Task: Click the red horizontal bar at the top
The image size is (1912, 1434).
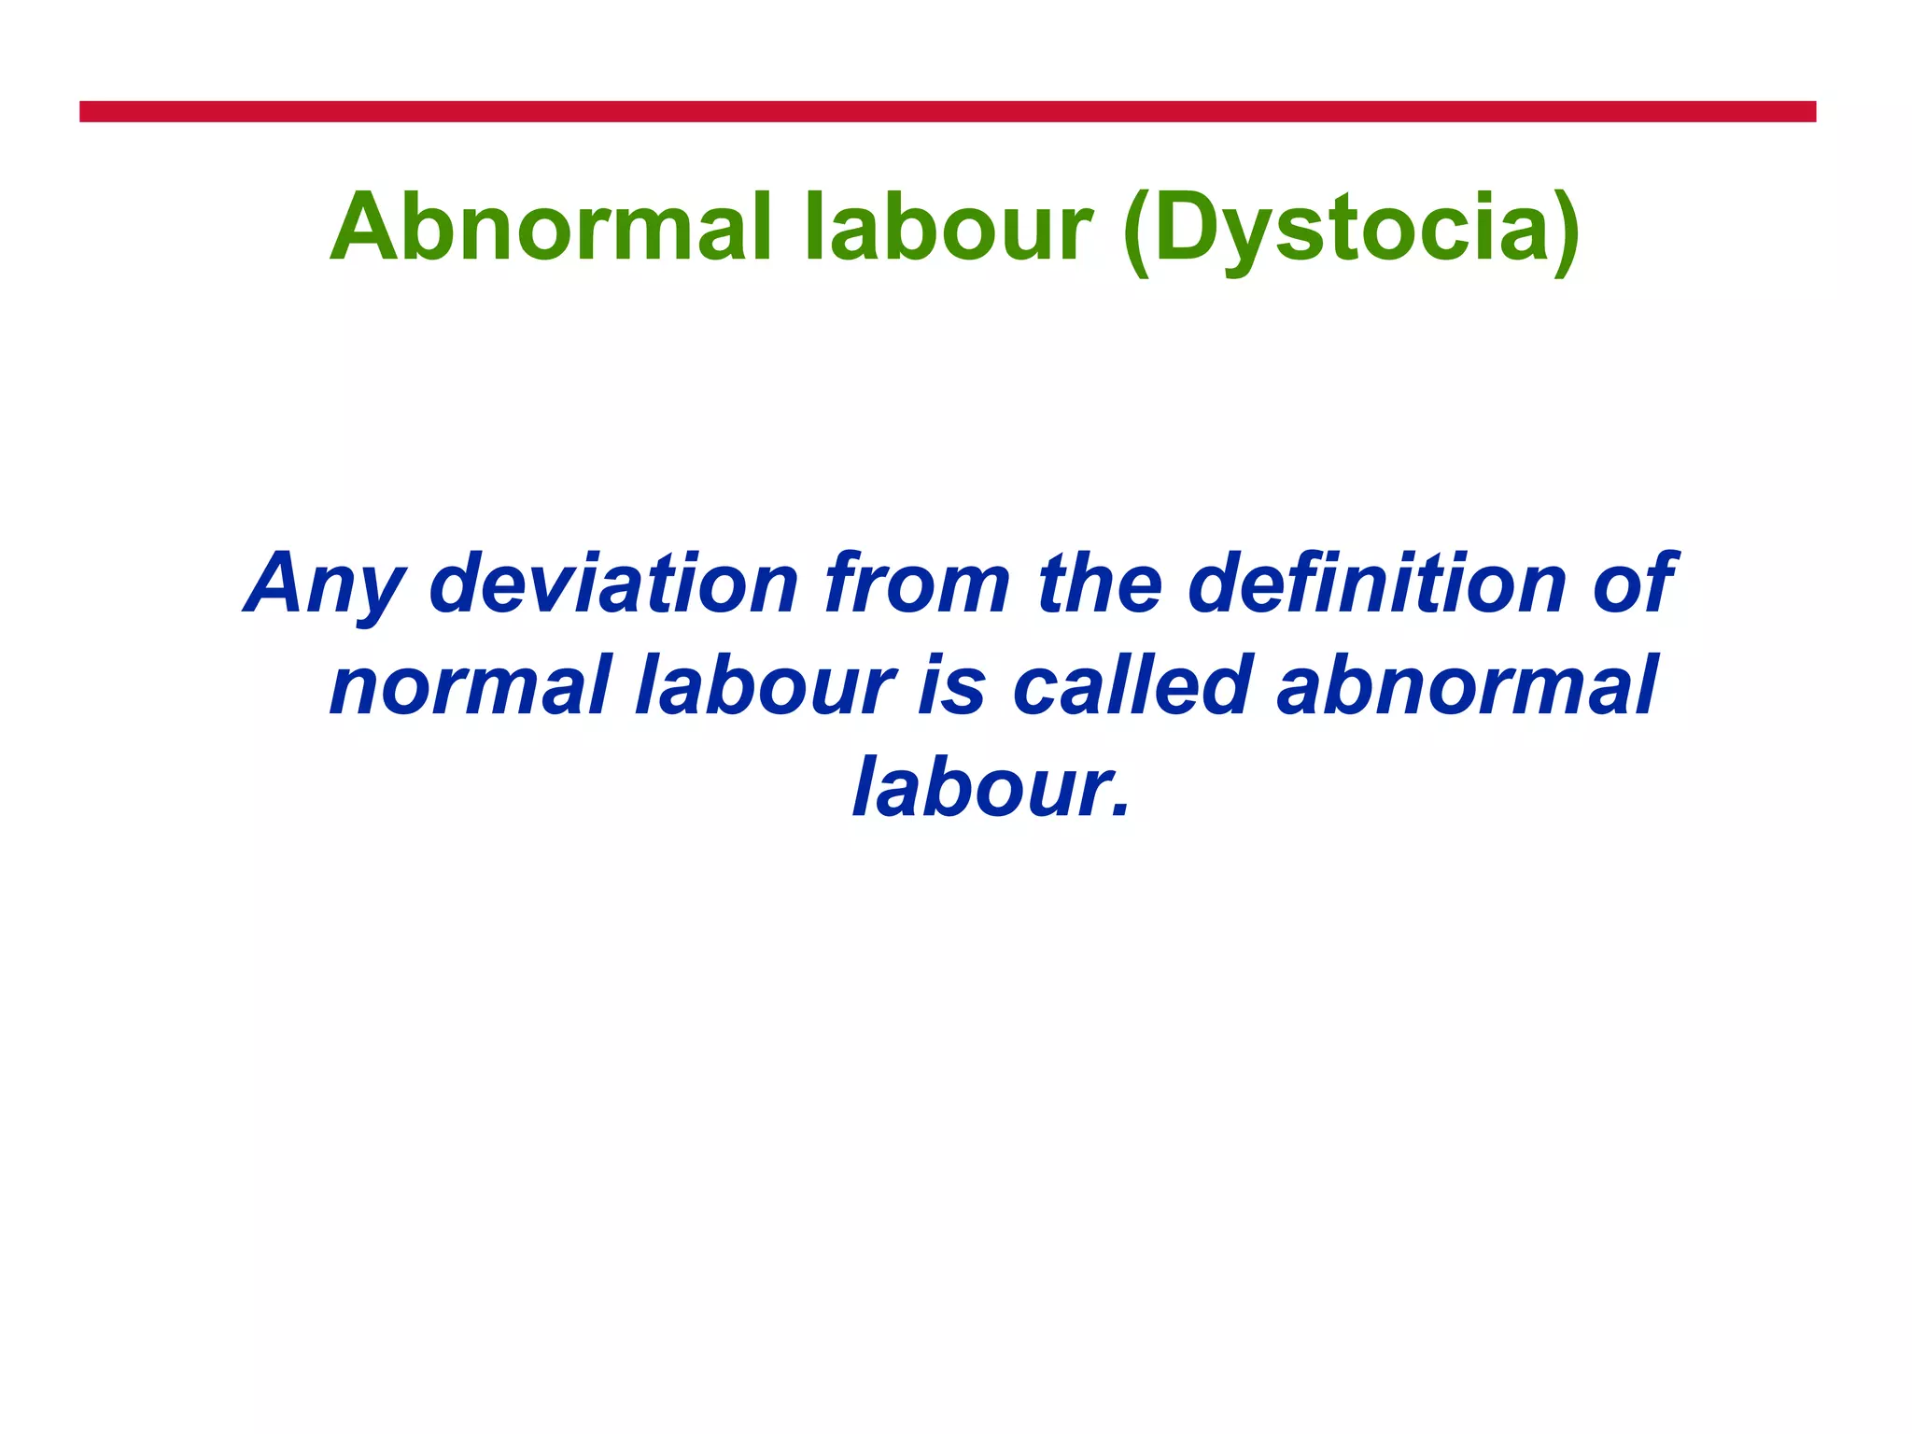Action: click(x=947, y=111)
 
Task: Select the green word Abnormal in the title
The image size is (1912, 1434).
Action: click(x=551, y=228)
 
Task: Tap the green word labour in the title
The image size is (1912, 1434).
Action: click(x=947, y=228)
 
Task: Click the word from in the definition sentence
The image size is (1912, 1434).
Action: click(x=917, y=583)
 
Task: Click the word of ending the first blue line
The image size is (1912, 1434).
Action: click(x=1634, y=583)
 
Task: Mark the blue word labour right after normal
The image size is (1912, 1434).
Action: click(x=766, y=686)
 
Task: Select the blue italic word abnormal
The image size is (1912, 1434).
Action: click(x=1467, y=686)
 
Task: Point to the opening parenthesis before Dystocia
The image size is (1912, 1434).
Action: click(x=1135, y=232)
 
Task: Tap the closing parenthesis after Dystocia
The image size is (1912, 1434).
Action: click(x=1568, y=232)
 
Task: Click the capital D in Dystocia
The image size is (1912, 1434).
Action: click(x=1185, y=226)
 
